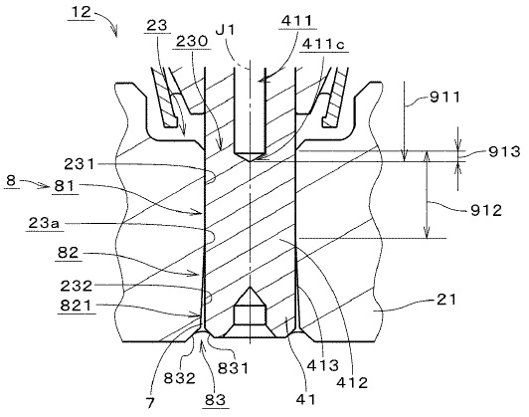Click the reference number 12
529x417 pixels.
coord(81,13)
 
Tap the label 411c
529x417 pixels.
coord(323,44)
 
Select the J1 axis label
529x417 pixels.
coord(225,31)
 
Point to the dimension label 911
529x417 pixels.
coord(444,98)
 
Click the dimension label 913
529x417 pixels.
coord(504,152)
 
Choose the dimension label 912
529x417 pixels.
coord(486,211)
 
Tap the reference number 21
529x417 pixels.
coord(446,300)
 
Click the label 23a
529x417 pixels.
coord(45,223)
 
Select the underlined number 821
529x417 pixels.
coord(76,306)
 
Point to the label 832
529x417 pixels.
coord(179,378)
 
